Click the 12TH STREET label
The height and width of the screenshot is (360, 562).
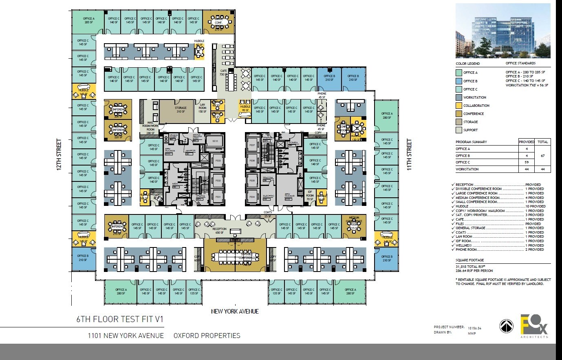click(x=59, y=157)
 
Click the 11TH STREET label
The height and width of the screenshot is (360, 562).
click(x=409, y=155)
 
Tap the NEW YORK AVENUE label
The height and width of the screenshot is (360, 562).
click(x=235, y=311)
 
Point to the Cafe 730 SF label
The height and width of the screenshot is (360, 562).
click(x=223, y=73)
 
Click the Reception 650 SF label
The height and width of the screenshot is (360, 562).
click(x=219, y=231)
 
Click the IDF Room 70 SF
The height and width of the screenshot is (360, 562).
click(x=310, y=196)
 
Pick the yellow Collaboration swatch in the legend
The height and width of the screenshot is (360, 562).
click(x=459, y=106)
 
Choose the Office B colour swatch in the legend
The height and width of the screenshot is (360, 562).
click(x=459, y=81)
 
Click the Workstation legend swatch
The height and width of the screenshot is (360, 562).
click(x=459, y=97)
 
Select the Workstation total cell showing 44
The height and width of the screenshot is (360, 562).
click(x=543, y=169)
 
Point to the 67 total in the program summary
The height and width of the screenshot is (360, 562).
click(x=543, y=156)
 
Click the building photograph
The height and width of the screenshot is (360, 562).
click(x=502, y=31)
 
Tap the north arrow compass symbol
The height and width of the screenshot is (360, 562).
click(x=506, y=326)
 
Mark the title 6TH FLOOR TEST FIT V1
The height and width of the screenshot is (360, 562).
click(x=120, y=319)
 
